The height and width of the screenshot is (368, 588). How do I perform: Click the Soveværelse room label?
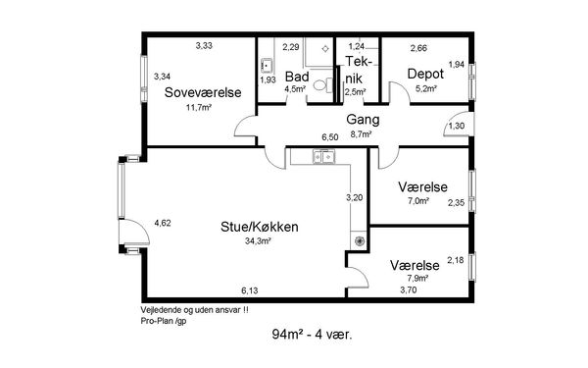tap(203, 92)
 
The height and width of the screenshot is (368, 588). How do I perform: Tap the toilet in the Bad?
tap(322, 84)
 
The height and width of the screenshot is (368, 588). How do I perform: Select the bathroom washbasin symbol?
tap(267, 66)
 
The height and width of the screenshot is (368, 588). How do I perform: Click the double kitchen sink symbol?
tap(324, 156)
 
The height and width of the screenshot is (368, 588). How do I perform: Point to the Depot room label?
tap(425, 74)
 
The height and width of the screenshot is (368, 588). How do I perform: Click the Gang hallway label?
tap(363, 120)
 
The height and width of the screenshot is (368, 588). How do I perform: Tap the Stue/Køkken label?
tap(260, 227)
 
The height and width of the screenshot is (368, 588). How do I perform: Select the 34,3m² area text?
tap(258, 241)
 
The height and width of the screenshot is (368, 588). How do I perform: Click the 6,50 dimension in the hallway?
tap(330, 137)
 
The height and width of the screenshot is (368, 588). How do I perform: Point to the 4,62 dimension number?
tap(163, 223)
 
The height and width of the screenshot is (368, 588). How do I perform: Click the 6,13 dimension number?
tap(249, 290)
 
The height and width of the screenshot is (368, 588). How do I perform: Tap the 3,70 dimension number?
tap(409, 289)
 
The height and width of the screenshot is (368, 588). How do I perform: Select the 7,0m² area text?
tap(418, 201)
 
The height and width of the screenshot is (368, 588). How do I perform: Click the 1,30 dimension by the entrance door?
tap(456, 126)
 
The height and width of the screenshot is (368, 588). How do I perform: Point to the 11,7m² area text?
tap(199, 107)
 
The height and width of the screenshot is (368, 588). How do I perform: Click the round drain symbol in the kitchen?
tap(359, 240)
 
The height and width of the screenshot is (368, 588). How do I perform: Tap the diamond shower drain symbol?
tap(325, 48)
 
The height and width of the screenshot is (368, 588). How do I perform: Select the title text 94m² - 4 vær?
tap(312, 334)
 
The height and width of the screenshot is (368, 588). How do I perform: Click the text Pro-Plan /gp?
tap(164, 321)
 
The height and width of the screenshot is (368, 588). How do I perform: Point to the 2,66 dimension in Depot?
tap(418, 48)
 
